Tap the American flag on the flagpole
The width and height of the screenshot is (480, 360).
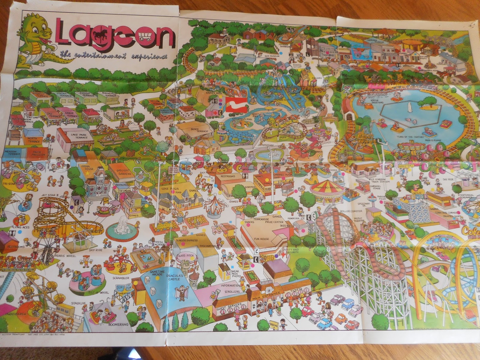click(x=239, y=215)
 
